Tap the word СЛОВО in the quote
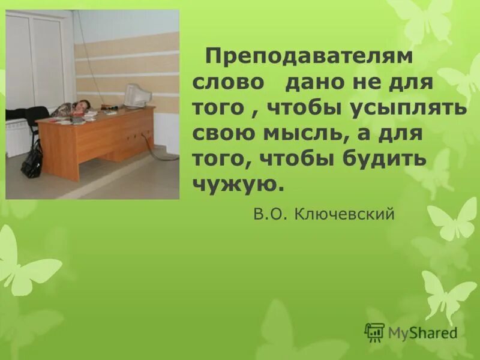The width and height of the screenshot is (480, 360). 228,83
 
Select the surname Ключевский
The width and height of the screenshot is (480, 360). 345,214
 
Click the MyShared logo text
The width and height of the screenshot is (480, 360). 422,332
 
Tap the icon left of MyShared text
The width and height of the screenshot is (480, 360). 374,332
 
